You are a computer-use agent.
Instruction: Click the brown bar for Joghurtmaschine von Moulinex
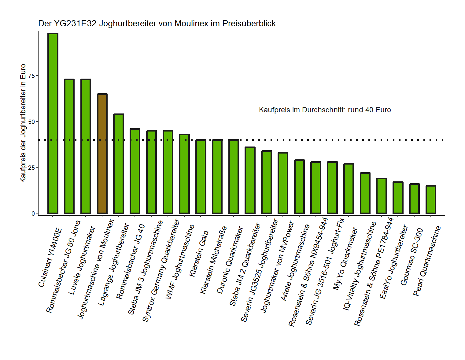102,154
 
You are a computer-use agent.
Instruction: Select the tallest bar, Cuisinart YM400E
53,123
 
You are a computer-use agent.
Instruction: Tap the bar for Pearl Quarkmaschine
431,199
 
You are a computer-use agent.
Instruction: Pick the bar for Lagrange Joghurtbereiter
119,164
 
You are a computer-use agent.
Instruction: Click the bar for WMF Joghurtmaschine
184,174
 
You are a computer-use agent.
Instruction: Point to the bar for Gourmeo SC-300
414,199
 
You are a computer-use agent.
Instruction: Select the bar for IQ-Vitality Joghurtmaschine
365,193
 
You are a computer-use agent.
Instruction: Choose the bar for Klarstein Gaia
201,176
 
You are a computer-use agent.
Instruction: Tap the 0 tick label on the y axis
33,213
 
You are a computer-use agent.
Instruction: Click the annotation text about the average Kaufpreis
325,110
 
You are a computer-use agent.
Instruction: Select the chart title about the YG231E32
157,24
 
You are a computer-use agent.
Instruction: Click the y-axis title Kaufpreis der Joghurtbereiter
23,123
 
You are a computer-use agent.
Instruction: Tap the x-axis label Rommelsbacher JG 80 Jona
63,267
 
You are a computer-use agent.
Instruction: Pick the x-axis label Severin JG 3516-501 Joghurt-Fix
325,271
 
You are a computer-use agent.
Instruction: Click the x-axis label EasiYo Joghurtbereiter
394,262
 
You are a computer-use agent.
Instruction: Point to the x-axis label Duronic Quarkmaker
230,260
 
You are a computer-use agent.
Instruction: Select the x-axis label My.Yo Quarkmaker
345,259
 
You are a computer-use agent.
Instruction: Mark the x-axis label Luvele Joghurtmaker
82,261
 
